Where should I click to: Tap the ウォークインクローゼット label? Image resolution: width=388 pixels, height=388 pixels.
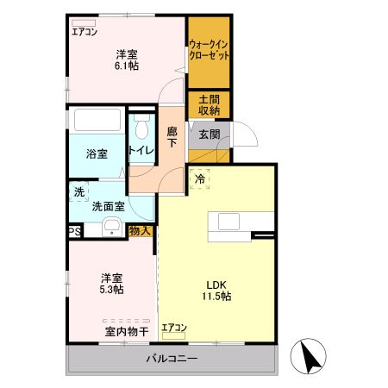click(x=209, y=50)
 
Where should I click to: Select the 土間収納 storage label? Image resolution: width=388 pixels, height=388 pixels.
click(x=209, y=105)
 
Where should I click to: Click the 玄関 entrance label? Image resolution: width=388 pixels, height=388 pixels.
click(x=209, y=135)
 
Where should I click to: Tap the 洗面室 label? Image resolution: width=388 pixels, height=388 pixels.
click(x=109, y=206)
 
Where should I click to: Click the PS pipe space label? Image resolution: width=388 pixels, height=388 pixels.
click(x=75, y=231)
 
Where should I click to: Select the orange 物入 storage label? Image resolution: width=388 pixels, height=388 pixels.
click(x=141, y=230)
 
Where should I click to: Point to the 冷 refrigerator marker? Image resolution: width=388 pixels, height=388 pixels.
click(x=199, y=179)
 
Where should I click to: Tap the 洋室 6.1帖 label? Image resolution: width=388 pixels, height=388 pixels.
click(x=127, y=61)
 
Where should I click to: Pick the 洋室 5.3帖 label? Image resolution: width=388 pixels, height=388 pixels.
click(x=110, y=284)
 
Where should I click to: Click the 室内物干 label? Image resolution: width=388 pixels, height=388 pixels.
click(x=127, y=331)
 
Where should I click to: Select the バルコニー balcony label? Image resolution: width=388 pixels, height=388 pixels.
click(x=172, y=359)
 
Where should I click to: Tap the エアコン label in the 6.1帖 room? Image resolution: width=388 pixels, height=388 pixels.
click(x=84, y=32)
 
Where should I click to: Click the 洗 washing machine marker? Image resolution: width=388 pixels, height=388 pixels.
click(x=79, y=191)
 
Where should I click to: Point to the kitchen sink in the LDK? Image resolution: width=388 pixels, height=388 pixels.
click(x=229, y=222)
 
